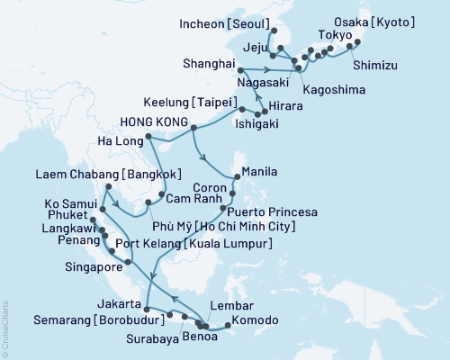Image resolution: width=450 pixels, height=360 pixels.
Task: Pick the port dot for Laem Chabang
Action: click(106, 187)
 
